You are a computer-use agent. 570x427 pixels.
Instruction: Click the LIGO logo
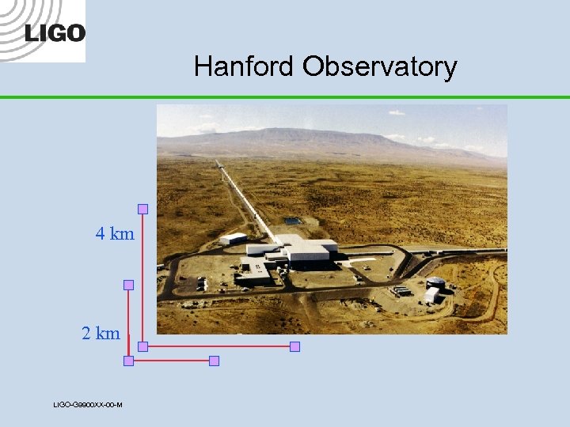click(x=54, y=32)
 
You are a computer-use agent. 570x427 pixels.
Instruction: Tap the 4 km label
click(x=115, y=234)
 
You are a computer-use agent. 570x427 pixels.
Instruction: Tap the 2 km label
click(x=101, y=334)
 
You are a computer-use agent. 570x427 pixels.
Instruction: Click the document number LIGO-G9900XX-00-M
click(x=87, y=405)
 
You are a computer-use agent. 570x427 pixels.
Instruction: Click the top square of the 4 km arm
click(x=142, y=210)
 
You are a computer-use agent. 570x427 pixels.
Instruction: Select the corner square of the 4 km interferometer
click(x=142, y=346)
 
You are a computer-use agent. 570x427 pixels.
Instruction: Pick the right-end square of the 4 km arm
click(x=294, y=346)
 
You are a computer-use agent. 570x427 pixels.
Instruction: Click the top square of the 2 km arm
click(x=128, y=285)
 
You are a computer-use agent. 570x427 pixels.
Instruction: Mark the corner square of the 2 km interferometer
click(x=128, y=361)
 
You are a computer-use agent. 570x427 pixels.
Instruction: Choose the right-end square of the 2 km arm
click(x=213, y=361)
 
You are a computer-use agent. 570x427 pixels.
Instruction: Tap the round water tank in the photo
click(x=435, y=282)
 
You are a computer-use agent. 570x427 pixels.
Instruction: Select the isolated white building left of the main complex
click(x=233, y=238)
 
